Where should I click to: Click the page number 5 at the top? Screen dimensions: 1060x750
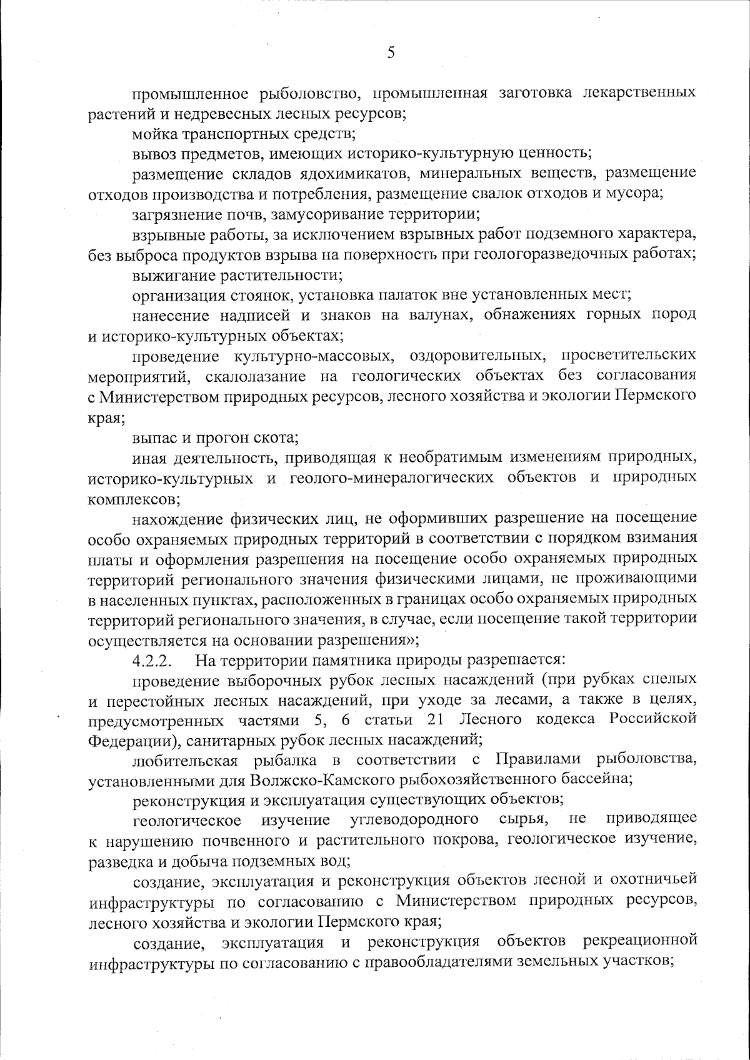click(x=391, y=53)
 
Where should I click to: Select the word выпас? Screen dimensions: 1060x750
click(x=151, y=436)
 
